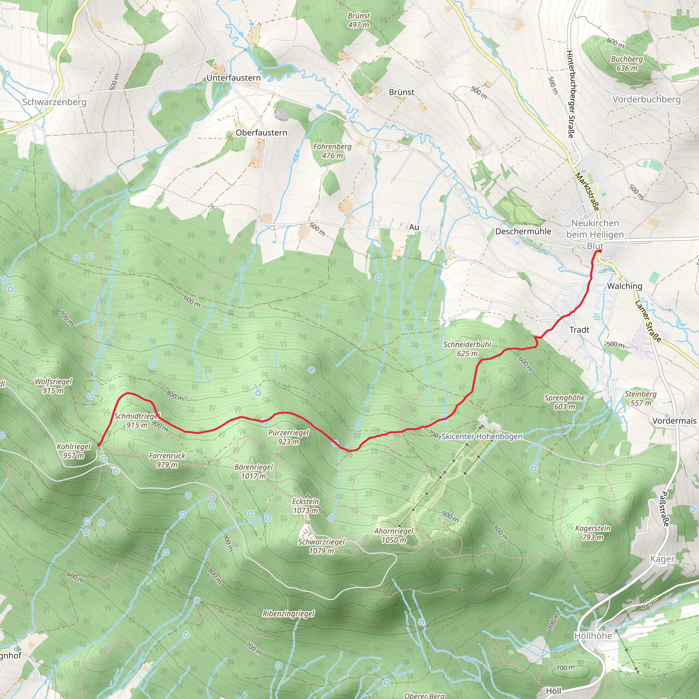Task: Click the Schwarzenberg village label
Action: (x=54, y=102)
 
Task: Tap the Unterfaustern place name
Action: (x=233, y=78)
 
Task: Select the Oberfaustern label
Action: (x=261, y=133)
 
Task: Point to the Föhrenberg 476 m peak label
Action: (x=332, y=151)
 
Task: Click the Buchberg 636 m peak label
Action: (x=627, y=63)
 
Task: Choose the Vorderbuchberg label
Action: (x=646, y=100)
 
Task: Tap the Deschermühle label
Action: (x=523, y=231)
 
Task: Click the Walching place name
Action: (x=625, y=286)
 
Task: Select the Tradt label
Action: (x=579, y=330)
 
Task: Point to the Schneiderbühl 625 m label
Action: (x=467, y=349)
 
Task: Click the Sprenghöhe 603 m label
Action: (x=565, y=402)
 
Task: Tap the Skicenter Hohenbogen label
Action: (x=482, y=437)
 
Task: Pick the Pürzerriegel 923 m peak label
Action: (x=288, y=437)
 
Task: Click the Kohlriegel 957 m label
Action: (x=73, y=451)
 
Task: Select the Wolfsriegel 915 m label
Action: (x=53, y=386)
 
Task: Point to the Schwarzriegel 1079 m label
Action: (x=321, y=546)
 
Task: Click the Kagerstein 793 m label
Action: (x=593, y=532)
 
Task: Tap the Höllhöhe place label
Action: (x=593, y=636)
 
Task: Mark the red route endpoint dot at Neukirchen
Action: (x=599, y=251)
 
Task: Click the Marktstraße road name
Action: (x=587, y=192)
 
